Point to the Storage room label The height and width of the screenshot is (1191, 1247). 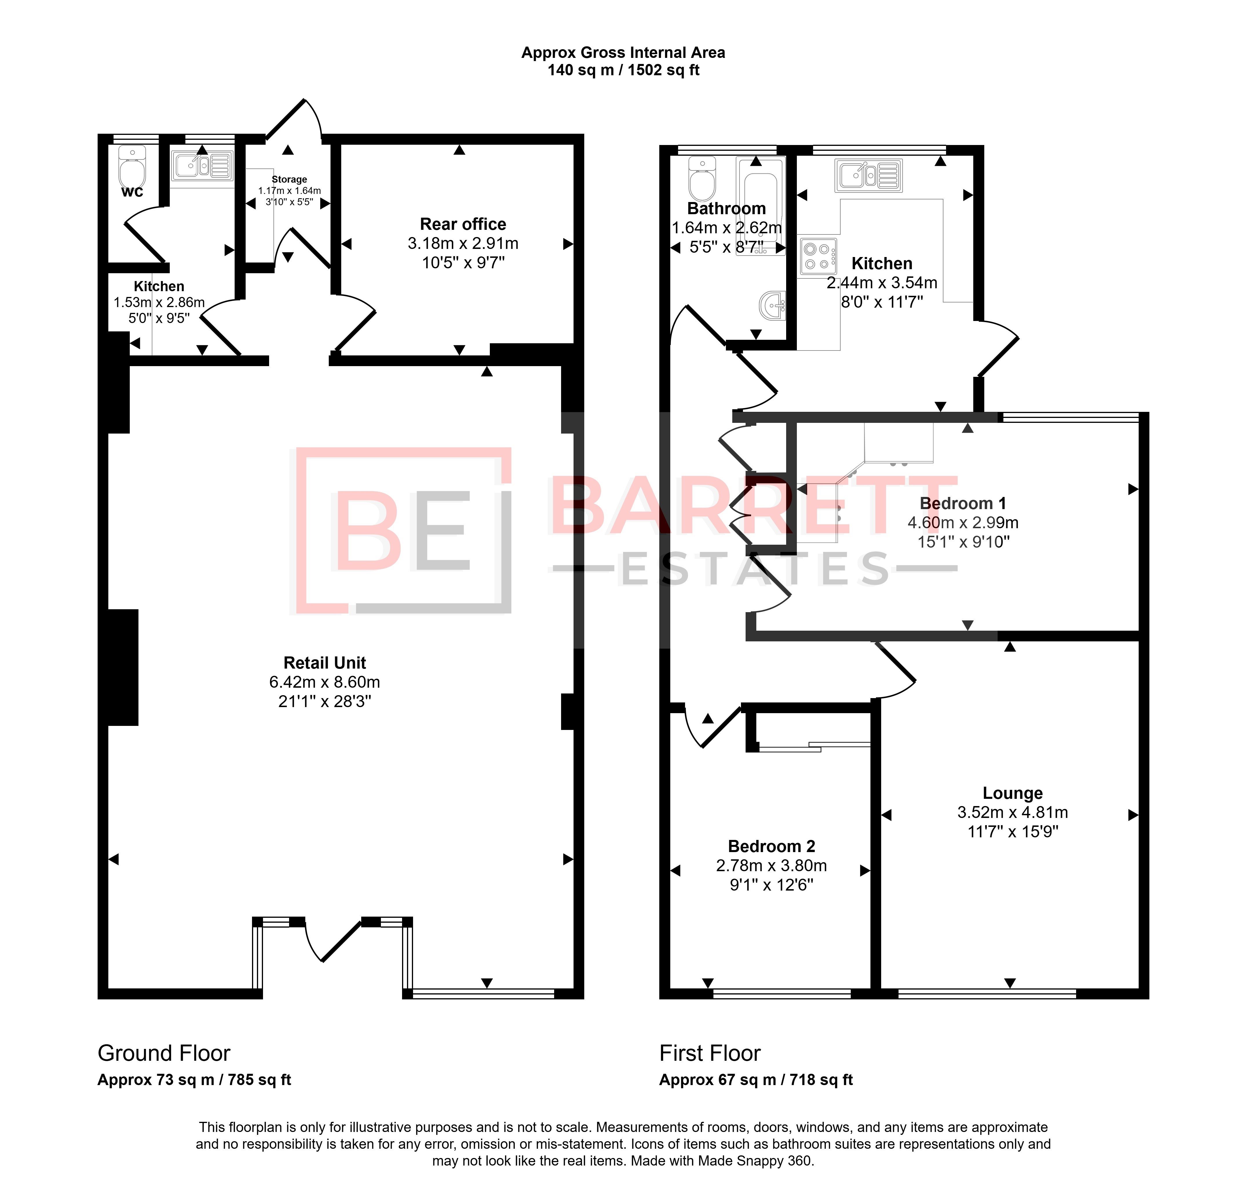(x=289, y=180)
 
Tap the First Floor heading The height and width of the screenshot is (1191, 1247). (x=710, y=1053)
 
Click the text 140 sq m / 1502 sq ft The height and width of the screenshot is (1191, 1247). (x=623, y=70)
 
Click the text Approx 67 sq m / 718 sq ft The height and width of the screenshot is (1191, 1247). (x=755, y=1080)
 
